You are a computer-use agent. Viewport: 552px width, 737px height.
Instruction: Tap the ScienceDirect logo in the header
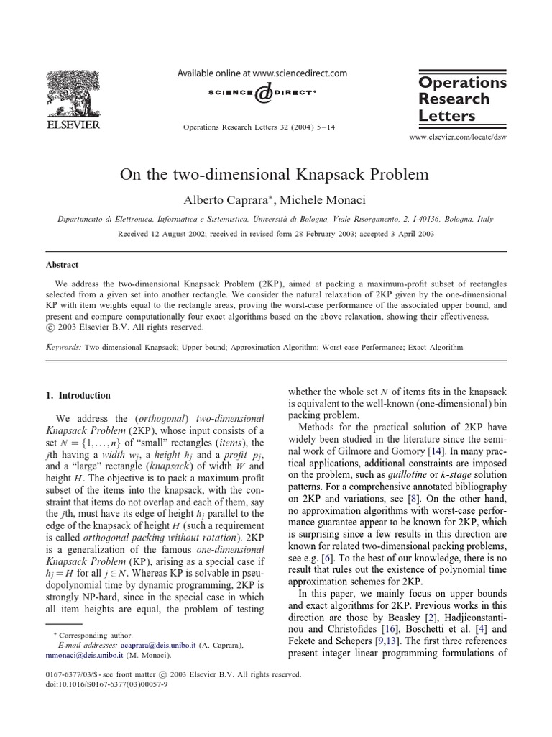[x=262, y=94]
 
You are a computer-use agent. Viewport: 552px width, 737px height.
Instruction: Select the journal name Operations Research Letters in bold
[x=463, y=99]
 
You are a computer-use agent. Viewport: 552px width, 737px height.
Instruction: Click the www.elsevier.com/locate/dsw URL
[x=457, y=136]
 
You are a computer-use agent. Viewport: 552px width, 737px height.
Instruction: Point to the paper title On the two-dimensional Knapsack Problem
[x=275, y=174]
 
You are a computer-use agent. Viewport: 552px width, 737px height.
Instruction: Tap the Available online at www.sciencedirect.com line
[x=262, y=73]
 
